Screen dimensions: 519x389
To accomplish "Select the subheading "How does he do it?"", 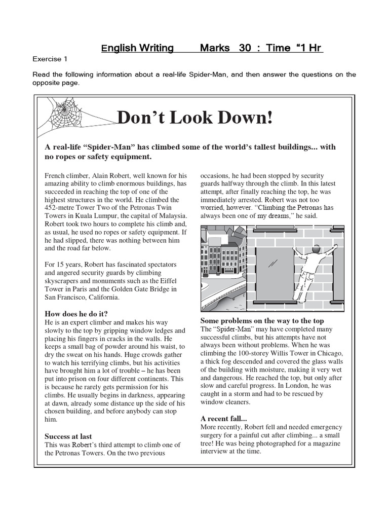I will point(76,313).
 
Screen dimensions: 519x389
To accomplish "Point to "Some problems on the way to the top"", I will point(262,321).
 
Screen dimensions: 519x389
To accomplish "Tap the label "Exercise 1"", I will point(51,59).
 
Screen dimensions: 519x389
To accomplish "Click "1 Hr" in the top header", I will point(309,48).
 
